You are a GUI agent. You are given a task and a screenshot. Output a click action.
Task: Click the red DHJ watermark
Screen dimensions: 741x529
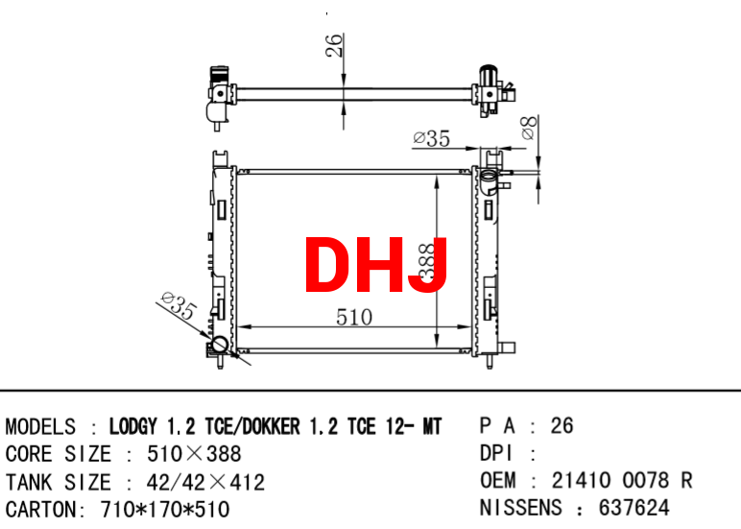click(375, 265)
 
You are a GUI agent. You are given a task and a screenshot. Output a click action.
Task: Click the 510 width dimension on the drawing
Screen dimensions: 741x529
click(354, 317)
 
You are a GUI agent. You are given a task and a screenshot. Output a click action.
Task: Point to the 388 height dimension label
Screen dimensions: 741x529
click(427, 262)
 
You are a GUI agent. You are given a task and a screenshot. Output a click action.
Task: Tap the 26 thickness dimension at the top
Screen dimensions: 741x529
click(334, 45)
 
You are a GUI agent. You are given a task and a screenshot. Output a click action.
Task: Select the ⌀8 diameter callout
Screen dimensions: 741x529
click(529, 128)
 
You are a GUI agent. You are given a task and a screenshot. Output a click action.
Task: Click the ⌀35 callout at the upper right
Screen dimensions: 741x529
click(432, 138)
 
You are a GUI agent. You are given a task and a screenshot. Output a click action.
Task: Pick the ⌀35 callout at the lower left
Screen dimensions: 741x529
click(179, 305)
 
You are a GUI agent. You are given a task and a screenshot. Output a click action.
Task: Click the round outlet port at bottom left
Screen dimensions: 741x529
click(219, 344)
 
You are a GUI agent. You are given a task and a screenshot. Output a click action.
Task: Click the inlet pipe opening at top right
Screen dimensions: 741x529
click(489, 176)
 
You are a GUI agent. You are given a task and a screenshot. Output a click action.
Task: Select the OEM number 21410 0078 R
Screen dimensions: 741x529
click(621, 480)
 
